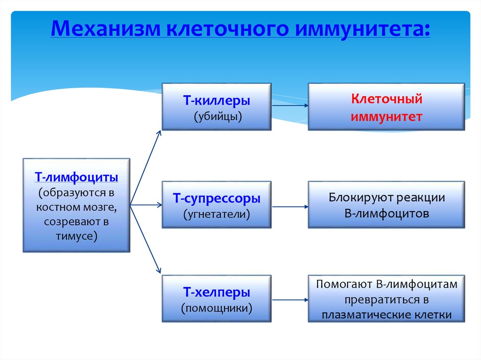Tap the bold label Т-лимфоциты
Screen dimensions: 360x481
pos(76,178)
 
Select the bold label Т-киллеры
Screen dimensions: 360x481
pos(217,100)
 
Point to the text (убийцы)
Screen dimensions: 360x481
pos(217,116)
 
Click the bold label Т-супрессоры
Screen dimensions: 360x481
pos(217,199)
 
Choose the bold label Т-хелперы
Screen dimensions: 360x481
pos(217,292)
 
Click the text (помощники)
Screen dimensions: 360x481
pos(217,308)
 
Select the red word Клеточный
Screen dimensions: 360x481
pos(387,99)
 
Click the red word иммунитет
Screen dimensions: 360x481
pos(387,116)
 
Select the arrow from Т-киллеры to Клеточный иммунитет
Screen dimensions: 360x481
pos(289,106)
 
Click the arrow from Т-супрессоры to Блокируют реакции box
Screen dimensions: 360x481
pos(289,205)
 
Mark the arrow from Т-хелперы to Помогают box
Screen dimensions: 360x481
pos(289,299)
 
